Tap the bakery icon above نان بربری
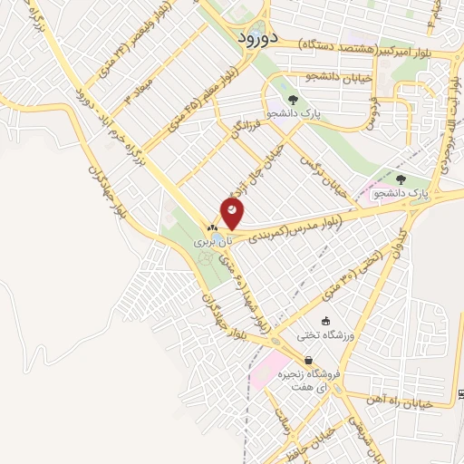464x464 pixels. (x=212, y=227)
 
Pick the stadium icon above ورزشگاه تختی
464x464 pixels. (x=325, y=321)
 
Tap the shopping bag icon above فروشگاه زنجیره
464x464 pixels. (x=310, y=360)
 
